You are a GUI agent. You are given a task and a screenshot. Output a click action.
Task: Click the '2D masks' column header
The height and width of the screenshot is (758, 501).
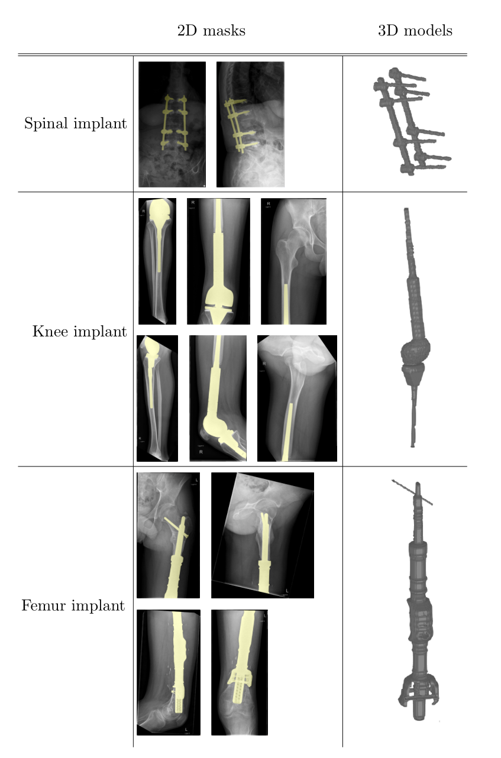point(211,31)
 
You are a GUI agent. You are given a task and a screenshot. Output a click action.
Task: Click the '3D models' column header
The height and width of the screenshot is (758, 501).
point(415,31)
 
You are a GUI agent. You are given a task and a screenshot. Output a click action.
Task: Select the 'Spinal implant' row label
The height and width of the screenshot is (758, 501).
point(75,124)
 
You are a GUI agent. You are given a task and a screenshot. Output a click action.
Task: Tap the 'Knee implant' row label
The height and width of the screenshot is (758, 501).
point(79,332)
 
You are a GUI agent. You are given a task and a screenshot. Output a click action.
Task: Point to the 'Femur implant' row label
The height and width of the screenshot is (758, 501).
point(73,606)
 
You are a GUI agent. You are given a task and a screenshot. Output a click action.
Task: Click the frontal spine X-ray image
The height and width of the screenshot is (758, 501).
point(172,124)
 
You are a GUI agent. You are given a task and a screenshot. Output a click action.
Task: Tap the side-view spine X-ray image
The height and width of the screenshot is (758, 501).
point(250,124)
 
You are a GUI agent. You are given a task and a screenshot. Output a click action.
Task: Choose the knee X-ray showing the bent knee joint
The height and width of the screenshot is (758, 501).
point(218,398)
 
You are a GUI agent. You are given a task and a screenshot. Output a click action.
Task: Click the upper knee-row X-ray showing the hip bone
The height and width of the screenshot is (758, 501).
point(293,261)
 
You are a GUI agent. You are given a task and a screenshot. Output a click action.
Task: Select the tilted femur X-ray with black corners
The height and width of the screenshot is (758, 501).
point(262,535)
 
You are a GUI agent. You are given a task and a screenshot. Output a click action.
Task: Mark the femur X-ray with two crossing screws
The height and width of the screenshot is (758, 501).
point(168,535)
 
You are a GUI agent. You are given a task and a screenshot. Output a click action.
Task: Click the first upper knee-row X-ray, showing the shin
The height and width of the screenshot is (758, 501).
point(157,261)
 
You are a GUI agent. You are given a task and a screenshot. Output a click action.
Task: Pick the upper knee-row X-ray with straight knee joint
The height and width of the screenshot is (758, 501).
point(218,261)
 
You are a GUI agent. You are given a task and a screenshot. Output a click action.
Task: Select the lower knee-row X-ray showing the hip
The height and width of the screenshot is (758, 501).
point(297,398)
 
